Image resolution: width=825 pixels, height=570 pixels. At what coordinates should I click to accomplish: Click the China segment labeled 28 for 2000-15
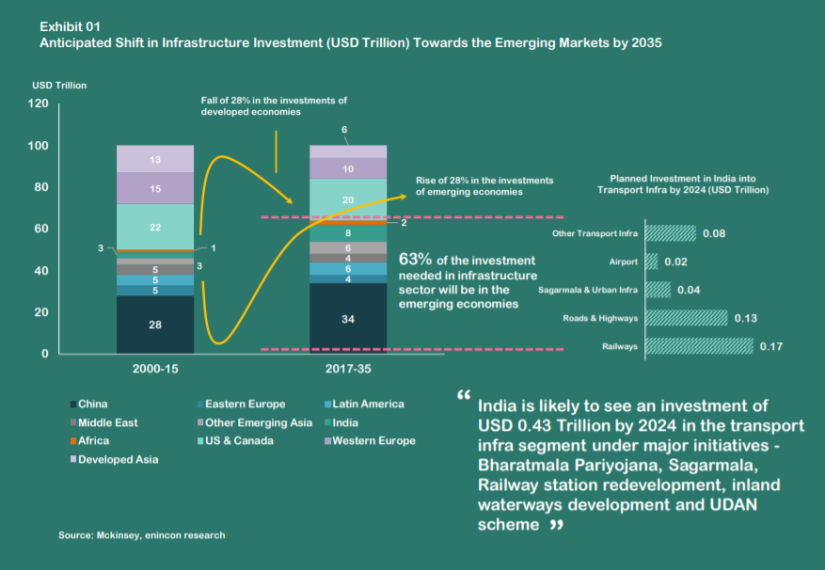point(155,325)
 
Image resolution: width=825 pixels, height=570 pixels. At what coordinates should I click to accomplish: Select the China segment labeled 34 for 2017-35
point(348,319)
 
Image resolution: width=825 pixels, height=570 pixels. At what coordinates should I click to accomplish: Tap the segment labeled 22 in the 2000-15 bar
point(155,227)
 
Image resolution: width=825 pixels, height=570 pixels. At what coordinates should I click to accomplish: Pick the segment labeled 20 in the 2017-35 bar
point(348,199)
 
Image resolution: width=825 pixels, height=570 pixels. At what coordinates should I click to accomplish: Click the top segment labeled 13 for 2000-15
point(155,159)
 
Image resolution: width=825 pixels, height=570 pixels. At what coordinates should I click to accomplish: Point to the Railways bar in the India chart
point(700,347)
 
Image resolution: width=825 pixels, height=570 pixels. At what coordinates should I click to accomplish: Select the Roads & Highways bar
point(687,318)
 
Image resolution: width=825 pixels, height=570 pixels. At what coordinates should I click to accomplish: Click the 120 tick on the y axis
point(38,104)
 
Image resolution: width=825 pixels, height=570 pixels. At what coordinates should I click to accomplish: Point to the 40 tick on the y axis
point(41,271)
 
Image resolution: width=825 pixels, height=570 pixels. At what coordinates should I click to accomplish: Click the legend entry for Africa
point(93,440)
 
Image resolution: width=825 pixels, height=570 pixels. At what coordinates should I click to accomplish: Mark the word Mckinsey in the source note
point(116,535)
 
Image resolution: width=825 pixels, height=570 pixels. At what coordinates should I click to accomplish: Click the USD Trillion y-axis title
point(59,86)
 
